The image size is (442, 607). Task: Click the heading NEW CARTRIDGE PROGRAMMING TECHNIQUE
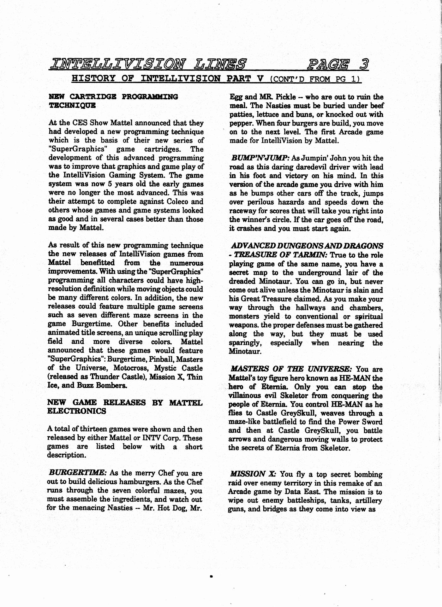pyautogui.click(x=113, y=101)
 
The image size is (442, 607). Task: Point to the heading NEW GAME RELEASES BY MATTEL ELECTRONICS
pyautogui.click(x=125, y=407)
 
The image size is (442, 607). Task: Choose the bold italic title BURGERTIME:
pyautogui.click(x=78, y=473)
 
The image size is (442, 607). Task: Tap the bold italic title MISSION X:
pyautogui.click(x=254, y=474)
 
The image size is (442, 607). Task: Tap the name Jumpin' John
pyautogui.click(x=325, y=158)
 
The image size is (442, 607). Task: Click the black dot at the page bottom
pyautogui.click(x=211, y=576)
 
